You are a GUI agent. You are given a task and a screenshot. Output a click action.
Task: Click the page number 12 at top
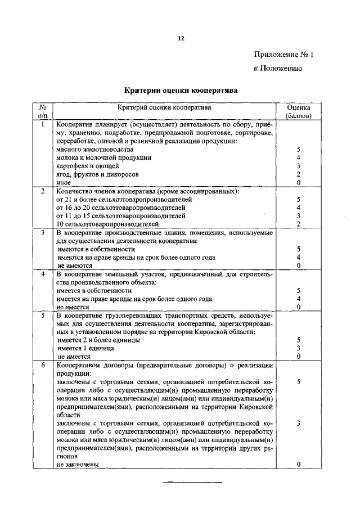[x=181, y=38]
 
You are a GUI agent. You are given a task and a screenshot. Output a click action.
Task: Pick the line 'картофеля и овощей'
[x=88, y=166]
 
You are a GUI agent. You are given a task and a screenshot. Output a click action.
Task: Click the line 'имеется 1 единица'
[x=82, y=349]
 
